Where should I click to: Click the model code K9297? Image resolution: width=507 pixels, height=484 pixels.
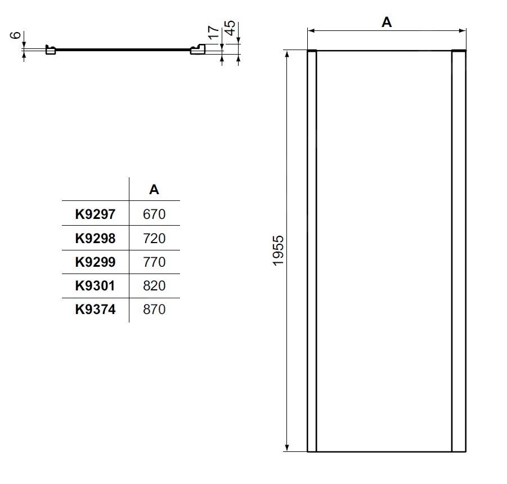[95, 214]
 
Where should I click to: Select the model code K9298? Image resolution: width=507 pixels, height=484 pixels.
[95, 238]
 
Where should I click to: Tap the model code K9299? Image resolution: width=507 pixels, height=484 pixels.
[95, 262]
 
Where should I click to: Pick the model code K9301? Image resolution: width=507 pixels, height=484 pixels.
[95, 285]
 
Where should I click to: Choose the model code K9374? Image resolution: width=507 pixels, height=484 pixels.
[95, 309]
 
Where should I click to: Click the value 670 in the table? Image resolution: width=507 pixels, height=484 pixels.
[154, 214]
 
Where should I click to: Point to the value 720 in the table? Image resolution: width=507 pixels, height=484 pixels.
[154, 238]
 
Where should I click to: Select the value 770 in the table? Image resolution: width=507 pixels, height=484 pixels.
[154, 262]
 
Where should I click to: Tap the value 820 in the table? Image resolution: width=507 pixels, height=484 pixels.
[154, 285]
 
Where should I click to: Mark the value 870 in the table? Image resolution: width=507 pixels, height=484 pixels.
[154, 309]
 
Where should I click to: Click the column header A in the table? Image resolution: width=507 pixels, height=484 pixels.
[154, 190]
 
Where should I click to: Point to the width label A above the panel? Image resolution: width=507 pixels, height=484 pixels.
[387, 22]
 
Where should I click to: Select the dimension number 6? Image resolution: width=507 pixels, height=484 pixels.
[17, 35]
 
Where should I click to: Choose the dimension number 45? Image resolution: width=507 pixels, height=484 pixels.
[230, 28]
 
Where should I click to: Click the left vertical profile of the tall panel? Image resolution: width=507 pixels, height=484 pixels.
[312, 250]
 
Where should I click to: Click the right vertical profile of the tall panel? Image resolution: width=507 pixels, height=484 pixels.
[459, 250]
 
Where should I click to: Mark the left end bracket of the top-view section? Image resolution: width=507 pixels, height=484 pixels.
[50, 51]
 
